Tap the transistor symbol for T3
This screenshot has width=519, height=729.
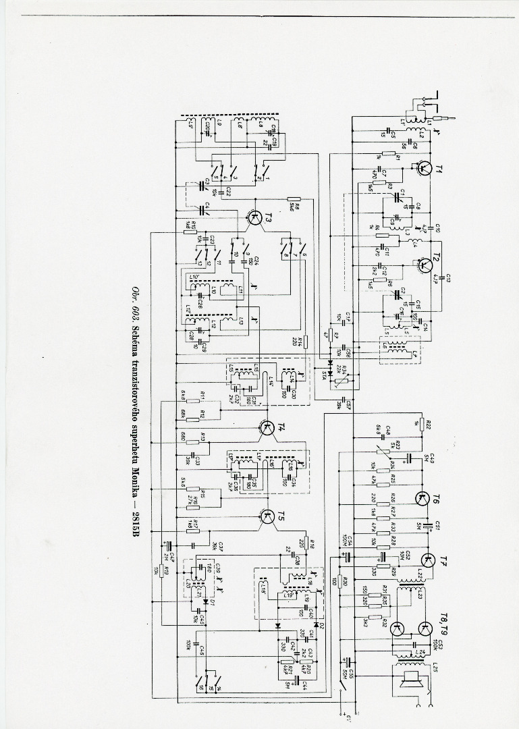pos(254,217)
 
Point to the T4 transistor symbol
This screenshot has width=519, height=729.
pos(267,427)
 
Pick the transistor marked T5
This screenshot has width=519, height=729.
pos(267,517)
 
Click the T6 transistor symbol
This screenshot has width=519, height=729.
pos(424,500)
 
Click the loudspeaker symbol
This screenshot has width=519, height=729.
pos(410,681)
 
